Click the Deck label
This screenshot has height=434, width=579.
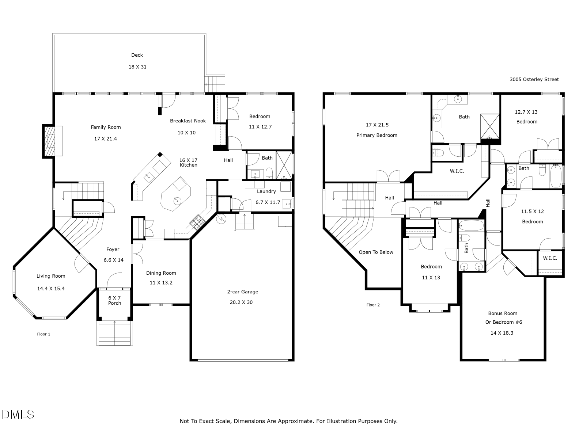click(137, 55)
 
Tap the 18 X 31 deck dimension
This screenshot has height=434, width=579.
click(137, 67)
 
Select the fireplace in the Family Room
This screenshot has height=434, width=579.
click(49, 141)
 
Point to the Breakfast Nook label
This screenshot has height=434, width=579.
click(188, 121)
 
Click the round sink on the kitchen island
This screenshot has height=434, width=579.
click(177, 201)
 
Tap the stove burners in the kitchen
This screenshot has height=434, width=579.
click(197, 221)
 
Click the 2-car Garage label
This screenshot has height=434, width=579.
click(243, 292)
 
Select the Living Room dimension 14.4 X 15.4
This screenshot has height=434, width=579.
click(51, 289)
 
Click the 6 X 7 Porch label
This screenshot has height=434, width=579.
click(114, 300)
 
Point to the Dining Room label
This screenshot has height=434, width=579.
click(161, 273)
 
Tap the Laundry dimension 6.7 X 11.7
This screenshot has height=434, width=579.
click(268, 202)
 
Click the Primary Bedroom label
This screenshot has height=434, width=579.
click(377, 135)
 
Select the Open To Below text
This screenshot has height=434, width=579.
click(376, 252)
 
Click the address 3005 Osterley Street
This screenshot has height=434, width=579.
click(534, 79)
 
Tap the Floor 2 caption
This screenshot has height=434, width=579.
click(373, 305)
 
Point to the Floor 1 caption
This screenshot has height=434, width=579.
click(43, 334)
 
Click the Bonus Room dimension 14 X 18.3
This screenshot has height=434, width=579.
click(502, 333)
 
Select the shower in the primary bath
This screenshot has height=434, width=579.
click(490, 126)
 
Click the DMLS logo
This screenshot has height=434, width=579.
click(18, 415)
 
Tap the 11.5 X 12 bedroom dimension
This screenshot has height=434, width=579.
click(532, 211)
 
